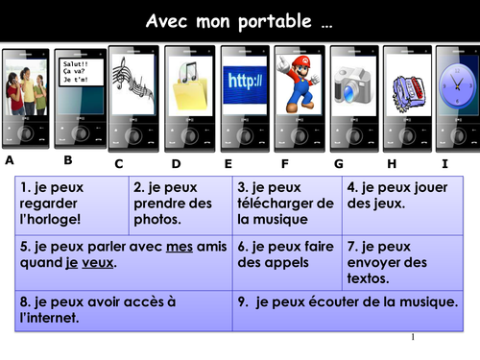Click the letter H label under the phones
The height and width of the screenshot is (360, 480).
click(x=391, y=163)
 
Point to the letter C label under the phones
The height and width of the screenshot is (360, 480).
click(x=119, y=163)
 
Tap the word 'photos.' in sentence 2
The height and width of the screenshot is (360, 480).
click(x=157, y=220)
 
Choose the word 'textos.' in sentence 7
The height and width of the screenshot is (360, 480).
click(x=369, y=278)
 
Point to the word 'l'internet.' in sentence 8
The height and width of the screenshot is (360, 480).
click(x=49, y=318)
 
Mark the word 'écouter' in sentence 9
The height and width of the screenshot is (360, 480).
click(x=337, y=301)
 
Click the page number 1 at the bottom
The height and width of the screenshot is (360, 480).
click(x=412, y=338)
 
